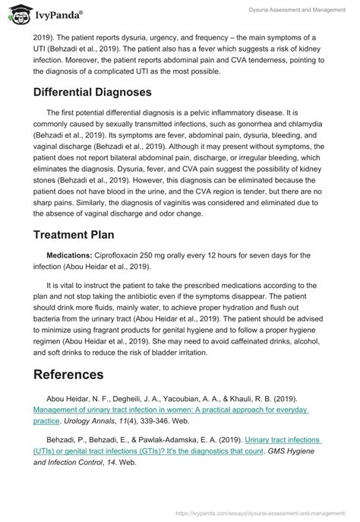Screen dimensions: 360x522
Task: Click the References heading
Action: coord(68,375)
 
